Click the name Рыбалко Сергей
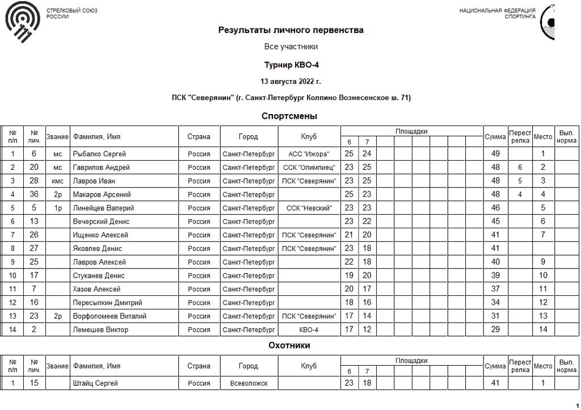pyautogui.click(x=99, y=154)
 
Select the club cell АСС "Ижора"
pyautogui.click(x=309, y=154)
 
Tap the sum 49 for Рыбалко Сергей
pyautogui.click(x=495, y=154)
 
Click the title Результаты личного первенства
pyautogui.click(x=290, y=30)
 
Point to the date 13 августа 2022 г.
pyautogui.click(x=290, y=81)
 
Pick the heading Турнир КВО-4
pyautogui.click(x=290, y=65)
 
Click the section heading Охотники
pyautogui.click(x=289, y=345)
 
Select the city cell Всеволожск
pyautogui.click(x=249, y=383)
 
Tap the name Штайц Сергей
pyautogui.click(x=95, y=383)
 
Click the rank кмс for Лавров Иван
pyautogui.click(x=57, y=181)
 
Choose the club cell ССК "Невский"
pyautogui.click(x=309, y=208)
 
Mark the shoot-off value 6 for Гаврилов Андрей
pyautogui.click(x=520, y=168)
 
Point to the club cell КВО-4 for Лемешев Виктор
pyautogui.click(x=309, y=330)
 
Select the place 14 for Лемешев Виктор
pyautogui.click(x=543, y=330)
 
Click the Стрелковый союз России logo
pyautogui.click(x=23, y=23)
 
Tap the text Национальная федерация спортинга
pyautogui.click(x=497, y=14)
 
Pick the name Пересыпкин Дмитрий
pyautogui.click(x=107, y=303)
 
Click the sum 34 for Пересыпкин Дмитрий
pyautogui.click(x=495, y=303)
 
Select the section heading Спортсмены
pyautogui.click(x=289, y=116)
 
